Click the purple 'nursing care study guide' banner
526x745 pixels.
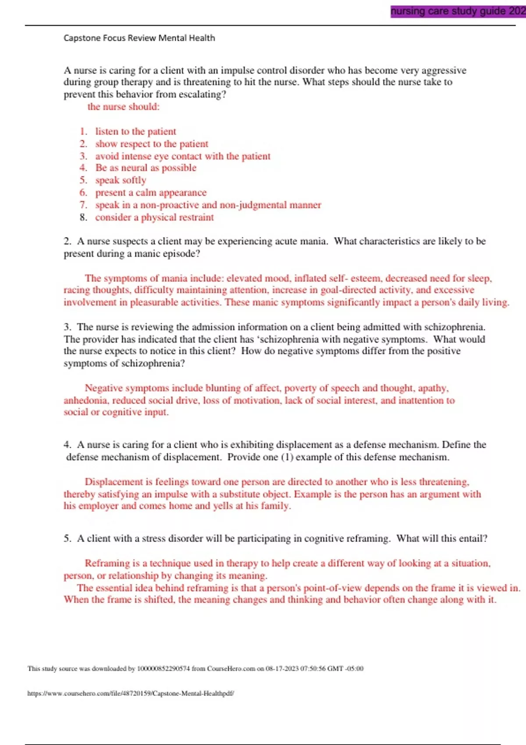pos(458,11)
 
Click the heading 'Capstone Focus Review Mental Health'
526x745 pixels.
pos(139,38)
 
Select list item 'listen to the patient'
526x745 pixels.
pos(135,131)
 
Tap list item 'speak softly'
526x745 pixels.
pos(121,180)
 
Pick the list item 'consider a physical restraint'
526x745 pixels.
pos(154,217)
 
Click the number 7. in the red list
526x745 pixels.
pos(83,205)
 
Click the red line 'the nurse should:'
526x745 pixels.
pos(123,106)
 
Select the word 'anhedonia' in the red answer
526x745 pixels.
pos(85,401)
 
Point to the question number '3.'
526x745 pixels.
pos(67,327)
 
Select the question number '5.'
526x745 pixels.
pos(67,539)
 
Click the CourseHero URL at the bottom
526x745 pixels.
pos(131,693)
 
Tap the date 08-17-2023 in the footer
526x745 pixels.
pos(281,669)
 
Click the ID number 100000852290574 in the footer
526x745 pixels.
pos(163,669)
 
